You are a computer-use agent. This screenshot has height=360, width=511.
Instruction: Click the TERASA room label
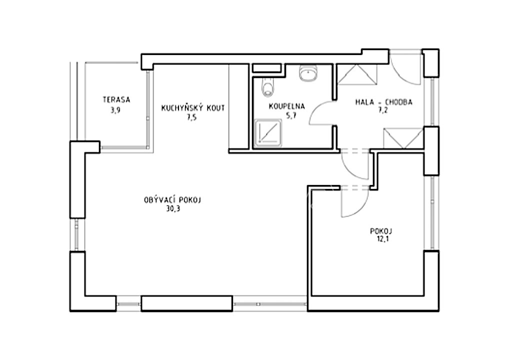click(116, 99)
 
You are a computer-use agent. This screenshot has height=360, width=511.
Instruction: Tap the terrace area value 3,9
click(115, 110)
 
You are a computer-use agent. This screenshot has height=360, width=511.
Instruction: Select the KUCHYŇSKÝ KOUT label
click(193, 108)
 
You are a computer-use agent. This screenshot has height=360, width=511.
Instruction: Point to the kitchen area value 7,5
click(191, 117)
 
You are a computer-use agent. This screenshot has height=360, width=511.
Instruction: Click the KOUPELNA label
click(287, 106)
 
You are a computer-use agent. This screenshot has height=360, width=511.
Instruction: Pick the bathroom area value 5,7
click(291, 115)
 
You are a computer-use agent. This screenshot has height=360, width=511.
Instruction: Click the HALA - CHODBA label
click(384, 102)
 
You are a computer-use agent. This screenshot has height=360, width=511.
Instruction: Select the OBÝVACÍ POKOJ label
click(172, 199)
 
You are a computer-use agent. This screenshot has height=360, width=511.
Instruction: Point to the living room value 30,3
click(173, 209)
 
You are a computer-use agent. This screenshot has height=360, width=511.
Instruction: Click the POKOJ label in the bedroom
click(381, 231)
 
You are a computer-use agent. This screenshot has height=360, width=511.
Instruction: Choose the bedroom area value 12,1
click(382, 239)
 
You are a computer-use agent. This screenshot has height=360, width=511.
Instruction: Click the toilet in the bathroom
click(268, 87)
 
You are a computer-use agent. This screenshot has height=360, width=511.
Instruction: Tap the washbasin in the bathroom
click(308, 72)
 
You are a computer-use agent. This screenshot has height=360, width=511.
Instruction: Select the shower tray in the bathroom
click(268, 133)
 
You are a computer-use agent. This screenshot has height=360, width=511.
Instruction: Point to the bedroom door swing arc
click(361, 209)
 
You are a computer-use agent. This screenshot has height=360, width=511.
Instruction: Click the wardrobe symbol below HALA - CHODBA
click(403, 138)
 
